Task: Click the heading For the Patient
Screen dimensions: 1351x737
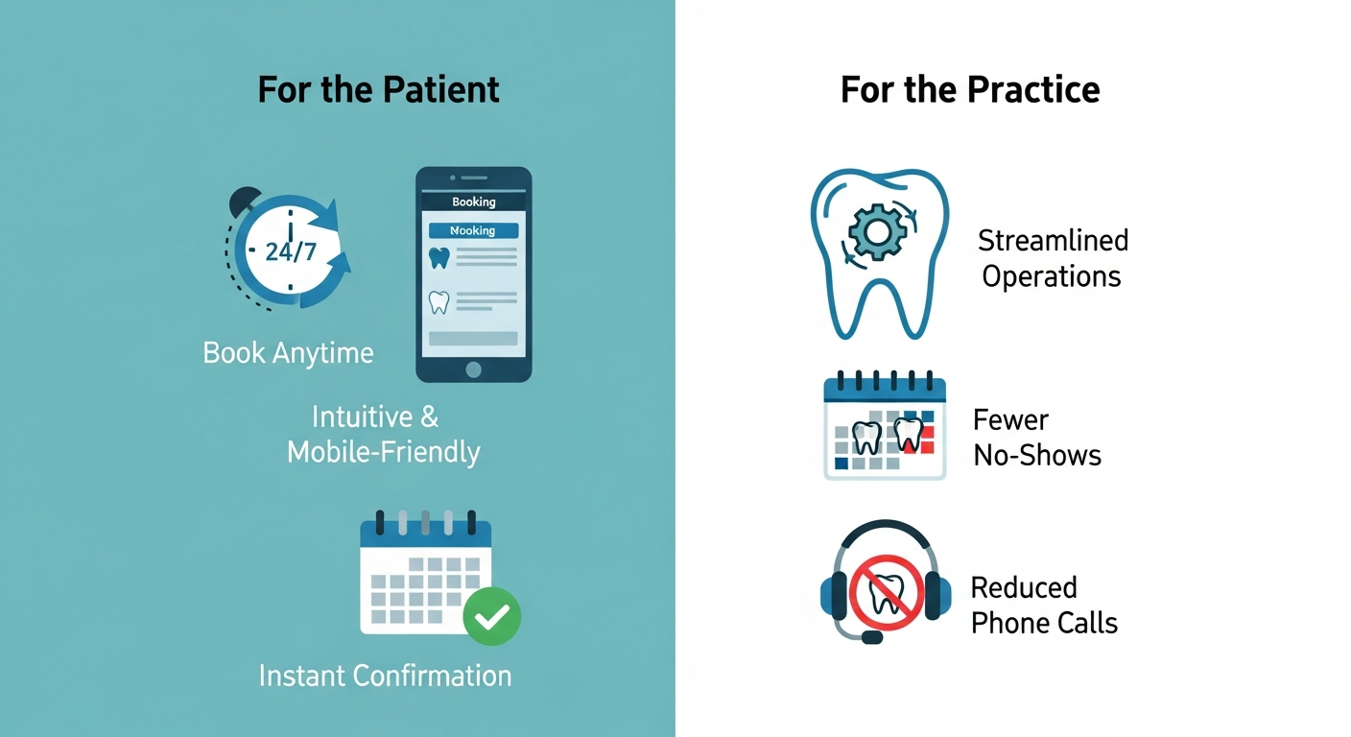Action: pos(378,90)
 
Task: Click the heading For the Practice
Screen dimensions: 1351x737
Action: pos(970,90)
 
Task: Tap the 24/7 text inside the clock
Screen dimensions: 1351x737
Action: pos(291,251)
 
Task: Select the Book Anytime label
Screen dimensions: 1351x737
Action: pos(288,353)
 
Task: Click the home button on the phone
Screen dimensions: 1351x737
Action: pos(473,369)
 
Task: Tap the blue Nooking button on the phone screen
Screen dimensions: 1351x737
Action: pos(473,230)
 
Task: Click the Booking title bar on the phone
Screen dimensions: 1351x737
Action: pos(473,202)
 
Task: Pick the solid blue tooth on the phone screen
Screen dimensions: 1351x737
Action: pos(439,258)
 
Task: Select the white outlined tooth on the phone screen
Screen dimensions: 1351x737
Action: pos(439,302)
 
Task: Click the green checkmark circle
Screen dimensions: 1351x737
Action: pos(492,616)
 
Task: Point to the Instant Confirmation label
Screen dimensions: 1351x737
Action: pos(386,677)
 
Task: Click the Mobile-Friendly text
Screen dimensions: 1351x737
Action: pos(384,452)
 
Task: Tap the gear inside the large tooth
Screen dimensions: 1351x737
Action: pos(878,231)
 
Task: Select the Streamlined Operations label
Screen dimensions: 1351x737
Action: pos(1053,258)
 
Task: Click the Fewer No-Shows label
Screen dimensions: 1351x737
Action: pos(1037,438)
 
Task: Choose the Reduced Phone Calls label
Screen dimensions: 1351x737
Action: pos(1044,605)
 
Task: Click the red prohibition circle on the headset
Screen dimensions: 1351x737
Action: pos(887,593)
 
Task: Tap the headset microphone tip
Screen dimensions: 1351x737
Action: pos(872,637)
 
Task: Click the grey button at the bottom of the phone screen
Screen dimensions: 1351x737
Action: pos(473,339)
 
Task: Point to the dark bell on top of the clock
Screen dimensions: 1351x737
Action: pos(244,201)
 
